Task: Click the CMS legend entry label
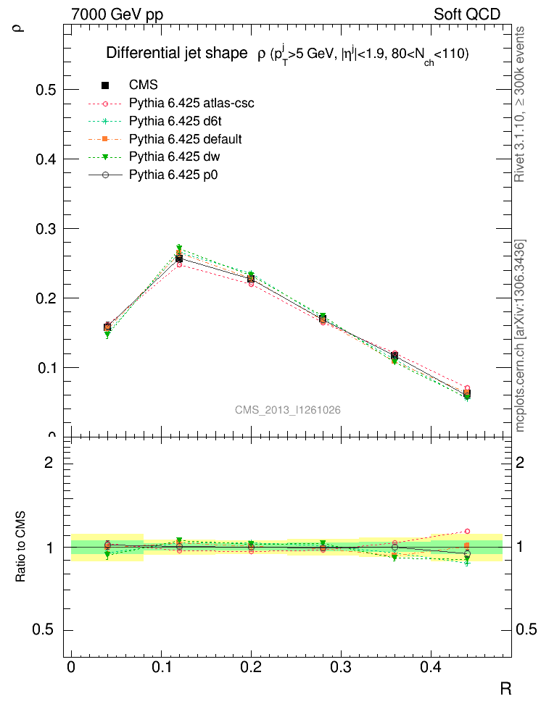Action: (x=143, y=85)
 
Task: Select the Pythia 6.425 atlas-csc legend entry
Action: (x=191, y=103)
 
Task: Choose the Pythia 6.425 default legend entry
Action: (x=186, y=138)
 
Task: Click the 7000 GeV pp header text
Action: (x=116, y=14)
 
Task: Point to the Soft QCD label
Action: (x=467, y=14)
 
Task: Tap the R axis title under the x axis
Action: (x=505, y=688)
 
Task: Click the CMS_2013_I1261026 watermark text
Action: (x=288, y=410)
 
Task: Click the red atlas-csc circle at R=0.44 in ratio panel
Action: (x=467, y=531)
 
